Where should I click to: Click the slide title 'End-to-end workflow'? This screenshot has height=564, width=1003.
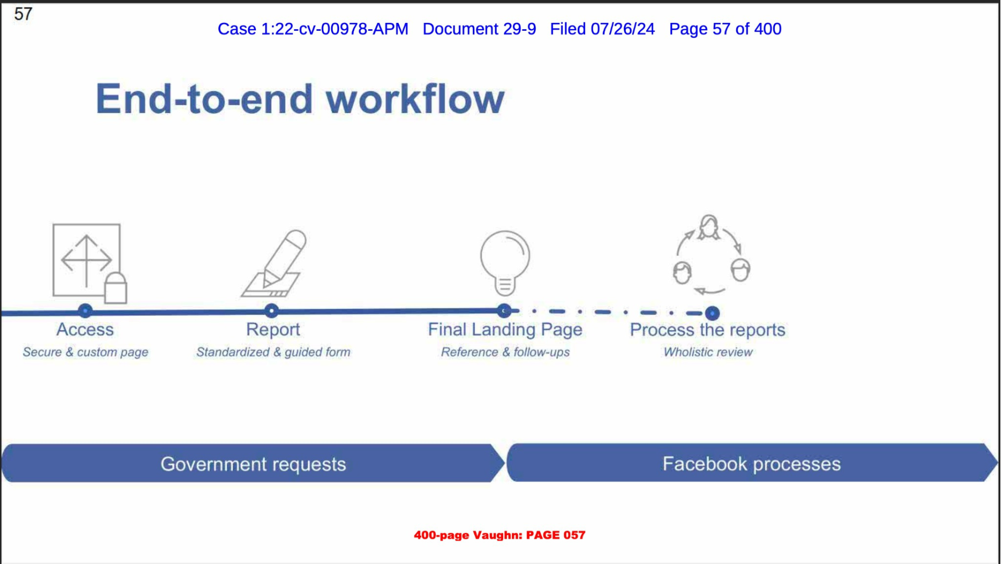(x=300, y=99)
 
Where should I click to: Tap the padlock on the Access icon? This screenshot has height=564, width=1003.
(x=115, y=288)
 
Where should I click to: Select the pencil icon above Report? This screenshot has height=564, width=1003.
(x=274, y=264)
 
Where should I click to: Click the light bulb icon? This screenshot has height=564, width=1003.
(x=505, y=263)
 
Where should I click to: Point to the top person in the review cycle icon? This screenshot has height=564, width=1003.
(x=709, y=227)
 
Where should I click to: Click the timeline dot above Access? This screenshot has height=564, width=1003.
(x=85, y=311)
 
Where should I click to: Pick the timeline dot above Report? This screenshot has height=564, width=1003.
(x=271, y=311)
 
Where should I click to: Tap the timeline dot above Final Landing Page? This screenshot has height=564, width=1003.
(x=504, y=311)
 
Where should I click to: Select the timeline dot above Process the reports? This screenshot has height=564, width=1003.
(x=712, y=313)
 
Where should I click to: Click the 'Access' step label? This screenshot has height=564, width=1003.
(x=85, y=330)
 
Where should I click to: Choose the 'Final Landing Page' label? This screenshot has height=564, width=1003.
(x=505, y=330)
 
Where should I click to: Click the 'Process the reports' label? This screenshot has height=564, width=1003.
(x=707, y=330)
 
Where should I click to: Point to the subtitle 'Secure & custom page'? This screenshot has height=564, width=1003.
(x=86, y=352)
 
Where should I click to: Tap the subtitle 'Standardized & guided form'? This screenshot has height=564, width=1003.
(x=273, y=352)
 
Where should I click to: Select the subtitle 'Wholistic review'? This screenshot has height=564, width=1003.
(x=708, y=352)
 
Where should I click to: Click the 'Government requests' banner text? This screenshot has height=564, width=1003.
(x=253, y=464)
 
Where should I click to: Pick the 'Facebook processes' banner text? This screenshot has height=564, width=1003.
(x=752, y=464)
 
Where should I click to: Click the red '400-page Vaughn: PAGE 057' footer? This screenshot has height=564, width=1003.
(x=499, y=535)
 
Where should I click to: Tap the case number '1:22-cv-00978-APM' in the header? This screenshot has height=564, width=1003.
(x=334, y=29)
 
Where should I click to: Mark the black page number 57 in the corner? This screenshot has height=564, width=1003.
(x=23, y=14)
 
